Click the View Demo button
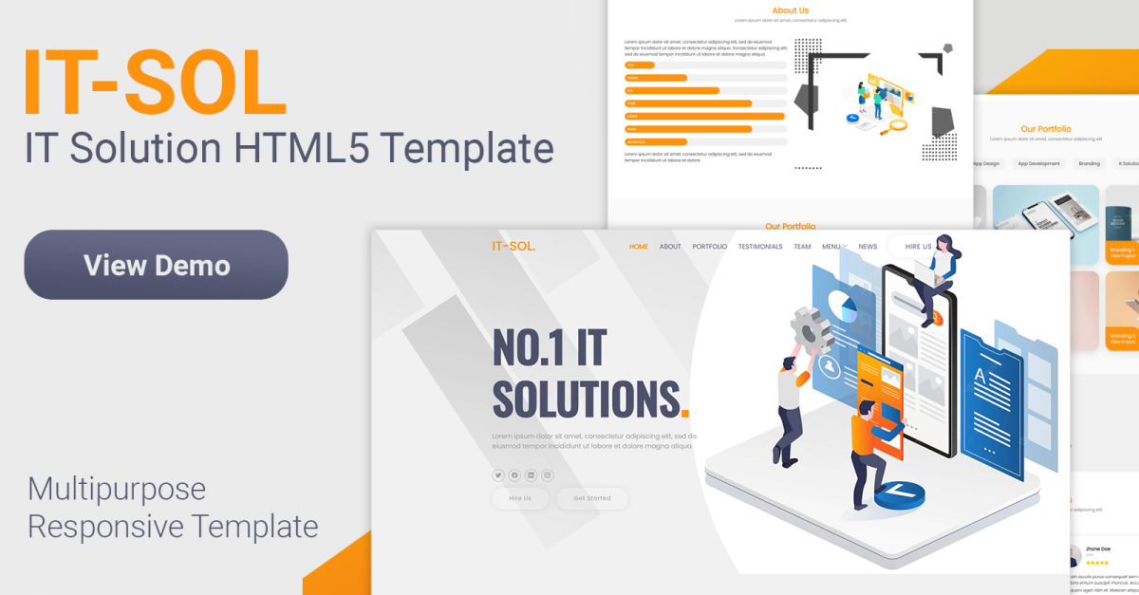[x=156, y=265]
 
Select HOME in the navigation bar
[x=639, y=247]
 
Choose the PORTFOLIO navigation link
[x=709, y=247]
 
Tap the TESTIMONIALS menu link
[x=760, y=247]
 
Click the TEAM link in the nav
[x=802, y=247]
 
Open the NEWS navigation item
[x=868, y=247]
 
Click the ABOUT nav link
[x=670, y=247]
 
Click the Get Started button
[x=592, y=498]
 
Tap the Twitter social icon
[x=498, y=475]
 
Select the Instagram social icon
[x=547, y=475]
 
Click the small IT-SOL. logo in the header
[x=513, y=247]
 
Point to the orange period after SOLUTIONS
[x=685, y=413]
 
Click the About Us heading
[x=790, y=10]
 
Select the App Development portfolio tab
[x=1038, y=163]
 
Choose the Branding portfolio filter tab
[x=1089, y=163]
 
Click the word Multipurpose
[x=117, y=489]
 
